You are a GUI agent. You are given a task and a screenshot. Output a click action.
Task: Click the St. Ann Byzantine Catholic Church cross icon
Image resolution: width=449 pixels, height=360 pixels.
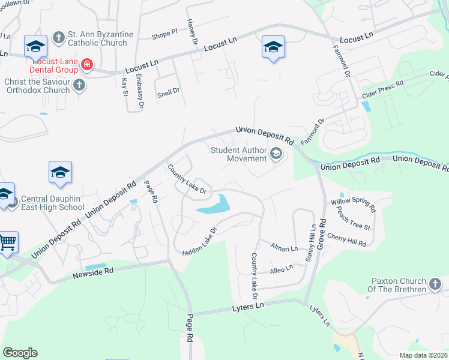pos(58,38)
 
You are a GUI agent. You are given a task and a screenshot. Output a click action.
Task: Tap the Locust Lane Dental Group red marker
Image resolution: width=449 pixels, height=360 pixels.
pos(87,64)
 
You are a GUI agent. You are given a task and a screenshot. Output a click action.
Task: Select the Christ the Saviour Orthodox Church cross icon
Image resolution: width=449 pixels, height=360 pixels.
pos(79,86)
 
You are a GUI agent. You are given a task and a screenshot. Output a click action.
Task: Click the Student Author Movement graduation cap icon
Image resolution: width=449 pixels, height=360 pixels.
pos(276,154)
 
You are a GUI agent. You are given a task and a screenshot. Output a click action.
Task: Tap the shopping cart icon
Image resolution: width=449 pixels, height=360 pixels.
pos(7,243)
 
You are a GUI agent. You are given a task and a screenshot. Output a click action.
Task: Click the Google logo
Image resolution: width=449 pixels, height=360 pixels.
pos(20,353)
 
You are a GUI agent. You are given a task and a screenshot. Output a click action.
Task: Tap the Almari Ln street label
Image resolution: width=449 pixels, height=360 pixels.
pos(284,248)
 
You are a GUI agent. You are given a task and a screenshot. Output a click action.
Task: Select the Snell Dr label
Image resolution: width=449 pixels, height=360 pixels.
pos(168,91)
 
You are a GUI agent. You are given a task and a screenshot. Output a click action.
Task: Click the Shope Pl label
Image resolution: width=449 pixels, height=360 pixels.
pos(164,34)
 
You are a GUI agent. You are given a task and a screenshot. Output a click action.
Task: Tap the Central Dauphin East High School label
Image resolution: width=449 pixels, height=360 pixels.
pos(53,203)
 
